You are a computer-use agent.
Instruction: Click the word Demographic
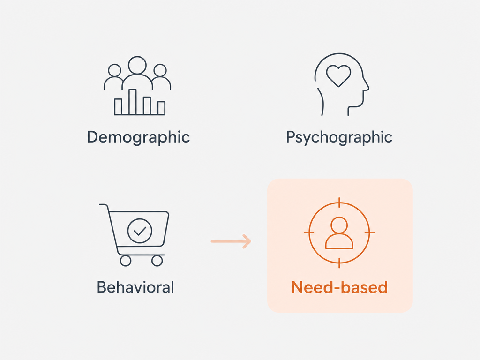point(138,137)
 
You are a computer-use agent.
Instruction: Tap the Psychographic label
point(339,137)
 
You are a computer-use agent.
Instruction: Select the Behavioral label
point(135,287)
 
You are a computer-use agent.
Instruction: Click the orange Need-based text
point(339,287)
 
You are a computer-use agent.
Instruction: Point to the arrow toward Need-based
point(231,241)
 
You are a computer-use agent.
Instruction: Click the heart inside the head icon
point(338,75)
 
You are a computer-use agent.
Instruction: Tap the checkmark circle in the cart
point(140,231)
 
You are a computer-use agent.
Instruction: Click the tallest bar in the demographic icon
point(132,102)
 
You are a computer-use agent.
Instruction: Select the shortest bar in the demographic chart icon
point(161,108)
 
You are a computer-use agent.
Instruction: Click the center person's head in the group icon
point(137,65)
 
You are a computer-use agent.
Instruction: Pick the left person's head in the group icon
point(115,70)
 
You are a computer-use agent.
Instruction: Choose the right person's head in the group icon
point(160,70)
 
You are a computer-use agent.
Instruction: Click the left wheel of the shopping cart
point(126,261)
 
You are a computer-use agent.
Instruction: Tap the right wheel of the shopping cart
point(157,261)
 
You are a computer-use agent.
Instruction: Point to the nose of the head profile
point(367,87)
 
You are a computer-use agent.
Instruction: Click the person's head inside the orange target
point(339,225)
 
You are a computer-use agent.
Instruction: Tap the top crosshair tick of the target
point(339,202)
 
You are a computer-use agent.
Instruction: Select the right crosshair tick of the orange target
point(369,232)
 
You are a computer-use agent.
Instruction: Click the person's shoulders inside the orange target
point(339,241)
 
